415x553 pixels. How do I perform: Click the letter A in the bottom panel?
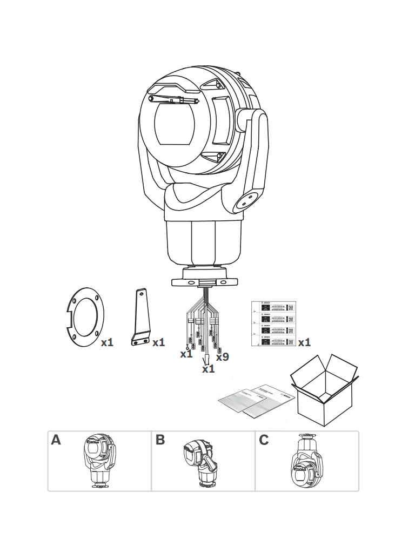click(56, 440)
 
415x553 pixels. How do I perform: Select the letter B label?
click(160, 440)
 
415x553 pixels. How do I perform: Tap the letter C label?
click(264, 440)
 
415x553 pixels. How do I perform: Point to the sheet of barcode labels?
click(275, 323)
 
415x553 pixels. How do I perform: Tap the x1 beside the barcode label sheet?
click(304, 342)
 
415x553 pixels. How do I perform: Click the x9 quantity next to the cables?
click(222, 357)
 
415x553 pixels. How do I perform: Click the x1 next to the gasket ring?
click(107, 342)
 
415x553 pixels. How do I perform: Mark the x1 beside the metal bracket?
click(158, 342)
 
